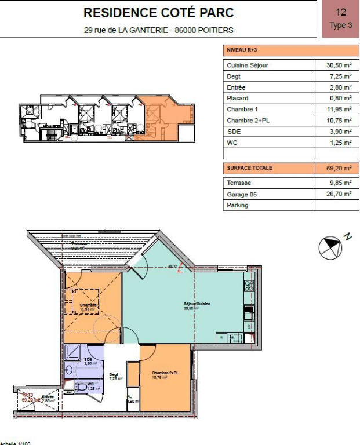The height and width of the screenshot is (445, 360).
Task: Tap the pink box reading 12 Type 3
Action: pyautogui.click(x=340, y=19)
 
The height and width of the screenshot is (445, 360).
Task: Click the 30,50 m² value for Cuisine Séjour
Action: pyautogui.click(x=339, y=65)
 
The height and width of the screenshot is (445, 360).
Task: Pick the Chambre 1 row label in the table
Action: pyautogui.click(x=241, y=110)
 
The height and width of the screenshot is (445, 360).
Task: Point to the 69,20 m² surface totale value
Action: pyautogui.click(x=339, y=169)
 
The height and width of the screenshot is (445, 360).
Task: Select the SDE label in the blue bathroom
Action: pyautogui.click(x=88, y=360)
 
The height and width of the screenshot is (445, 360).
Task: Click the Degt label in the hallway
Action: pyautogui.click(x=114, y=375)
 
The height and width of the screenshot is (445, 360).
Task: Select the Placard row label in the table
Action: pyautogui.click(x=237, y=99)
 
